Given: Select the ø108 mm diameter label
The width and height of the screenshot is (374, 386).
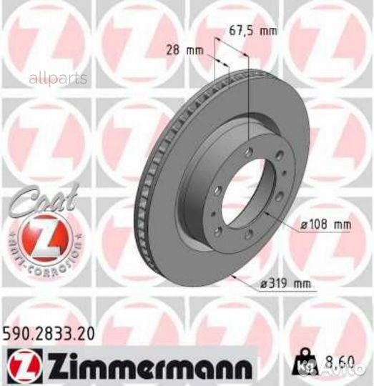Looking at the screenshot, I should click(325, 224).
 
